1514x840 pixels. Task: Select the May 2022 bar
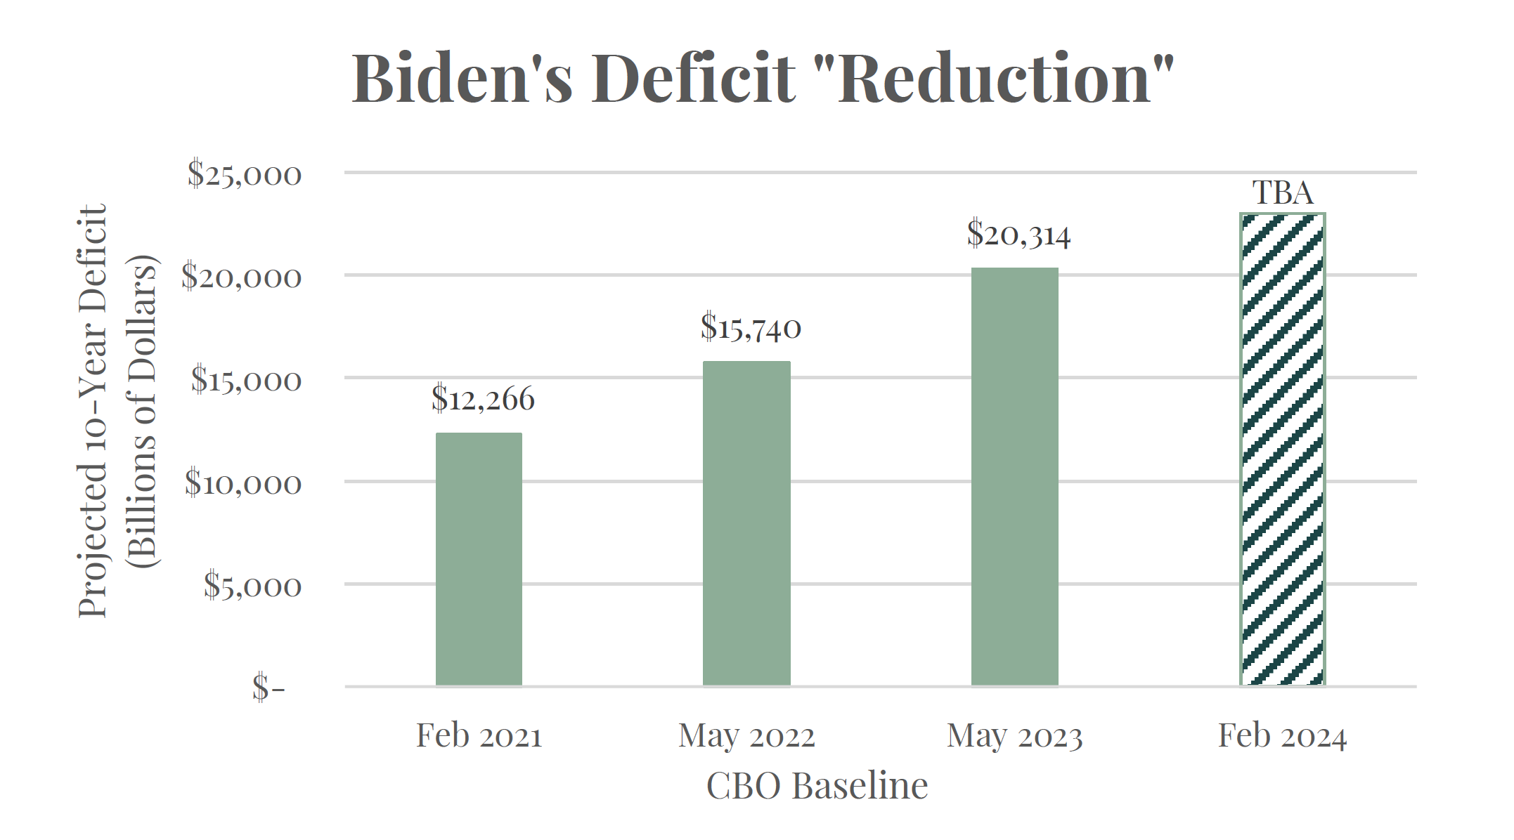click(746, 523)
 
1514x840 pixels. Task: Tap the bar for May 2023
click(1014, 476)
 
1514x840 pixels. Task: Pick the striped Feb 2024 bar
click(1282, 449)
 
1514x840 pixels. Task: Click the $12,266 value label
click(483, 399)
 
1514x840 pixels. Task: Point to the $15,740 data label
click(751, 327)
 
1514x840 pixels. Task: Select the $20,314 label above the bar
click(1018, 234)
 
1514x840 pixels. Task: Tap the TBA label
click(1283, 192)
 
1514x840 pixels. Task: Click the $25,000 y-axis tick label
click(244, 174)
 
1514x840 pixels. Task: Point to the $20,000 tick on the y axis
click(241, 277)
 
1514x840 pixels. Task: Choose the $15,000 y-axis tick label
click(246, 380)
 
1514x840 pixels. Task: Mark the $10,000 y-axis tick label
click(243, 483)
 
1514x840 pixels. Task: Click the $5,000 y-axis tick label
click(252, 586)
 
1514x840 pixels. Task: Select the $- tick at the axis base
click(268, 688)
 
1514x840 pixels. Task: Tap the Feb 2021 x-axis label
click(479, 736)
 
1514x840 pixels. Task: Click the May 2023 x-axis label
click(1014, 736)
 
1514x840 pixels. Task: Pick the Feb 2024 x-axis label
click(1282, 736)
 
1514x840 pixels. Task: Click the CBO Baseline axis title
click(817, 785)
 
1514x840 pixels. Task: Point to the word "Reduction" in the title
click(1006, 78)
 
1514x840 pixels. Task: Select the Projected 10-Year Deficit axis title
click(93, 411)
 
